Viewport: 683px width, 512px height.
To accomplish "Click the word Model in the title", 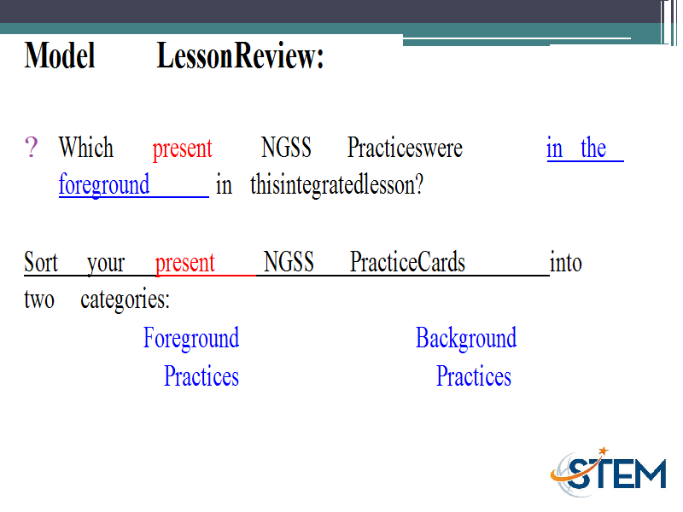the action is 60,55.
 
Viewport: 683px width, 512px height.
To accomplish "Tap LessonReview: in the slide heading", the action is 241,55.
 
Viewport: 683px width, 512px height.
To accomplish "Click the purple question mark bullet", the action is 31,147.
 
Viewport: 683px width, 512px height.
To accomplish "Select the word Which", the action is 86,147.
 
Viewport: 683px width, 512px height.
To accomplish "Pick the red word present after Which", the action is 182,148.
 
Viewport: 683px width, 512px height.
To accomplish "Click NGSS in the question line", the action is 286,147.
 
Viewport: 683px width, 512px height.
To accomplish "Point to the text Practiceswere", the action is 405,147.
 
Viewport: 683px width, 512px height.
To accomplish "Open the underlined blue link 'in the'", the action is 576,148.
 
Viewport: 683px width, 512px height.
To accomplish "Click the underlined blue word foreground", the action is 104,185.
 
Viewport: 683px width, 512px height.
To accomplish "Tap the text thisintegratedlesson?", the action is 336,184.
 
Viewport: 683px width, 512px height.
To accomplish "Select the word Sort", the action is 41,262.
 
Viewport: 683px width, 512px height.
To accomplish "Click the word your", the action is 106,264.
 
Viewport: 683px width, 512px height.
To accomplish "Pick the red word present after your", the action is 185,264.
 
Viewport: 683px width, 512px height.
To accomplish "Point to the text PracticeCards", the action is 408,262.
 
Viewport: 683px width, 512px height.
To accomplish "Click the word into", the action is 566,263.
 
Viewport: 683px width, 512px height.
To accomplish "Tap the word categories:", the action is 125,300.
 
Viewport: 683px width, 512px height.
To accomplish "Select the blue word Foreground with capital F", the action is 191,338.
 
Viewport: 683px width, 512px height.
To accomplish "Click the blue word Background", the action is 466,338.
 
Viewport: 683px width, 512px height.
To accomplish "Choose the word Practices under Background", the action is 474,376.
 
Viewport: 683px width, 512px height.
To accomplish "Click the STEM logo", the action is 609,472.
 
